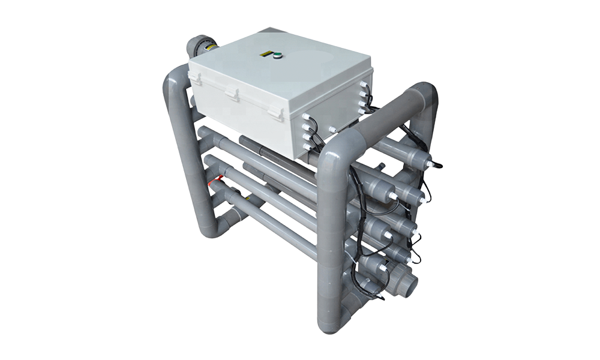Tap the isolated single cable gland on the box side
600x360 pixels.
coord(331,129)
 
